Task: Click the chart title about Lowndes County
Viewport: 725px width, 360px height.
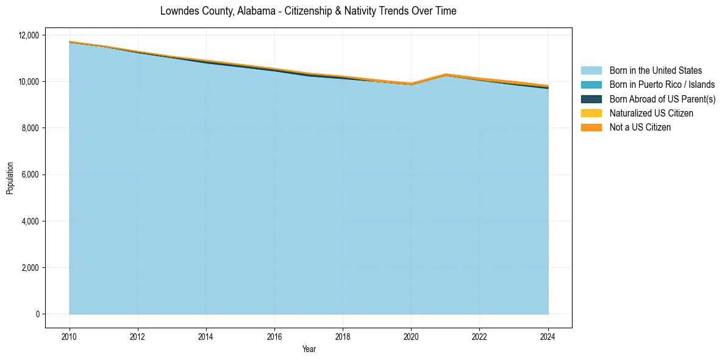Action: [x=308, y=11]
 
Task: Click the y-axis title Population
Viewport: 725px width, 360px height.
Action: [x=10, y=178]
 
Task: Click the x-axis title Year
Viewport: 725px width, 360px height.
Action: [x=309, y=349]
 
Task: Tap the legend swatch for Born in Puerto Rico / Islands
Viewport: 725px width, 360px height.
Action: [x=591, y=85]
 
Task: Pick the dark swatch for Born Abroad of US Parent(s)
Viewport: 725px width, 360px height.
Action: [x=591, y=99]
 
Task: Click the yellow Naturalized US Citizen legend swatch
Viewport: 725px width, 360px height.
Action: [x=591, y=113]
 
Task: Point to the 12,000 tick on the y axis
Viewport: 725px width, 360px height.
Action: [x=29, y=35]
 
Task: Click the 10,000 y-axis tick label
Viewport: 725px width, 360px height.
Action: [x=29, y=81]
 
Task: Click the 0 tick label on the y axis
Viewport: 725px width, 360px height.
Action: [x=37, y=314]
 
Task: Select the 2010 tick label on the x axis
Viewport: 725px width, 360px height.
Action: [x=70, y=336]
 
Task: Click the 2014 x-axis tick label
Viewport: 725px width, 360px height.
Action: [x=206, y=336]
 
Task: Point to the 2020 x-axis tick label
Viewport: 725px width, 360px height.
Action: [x=411, y=336]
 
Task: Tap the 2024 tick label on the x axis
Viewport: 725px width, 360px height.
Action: [x=548, y=336]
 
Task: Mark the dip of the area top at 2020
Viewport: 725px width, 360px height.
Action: [x=411, y=83]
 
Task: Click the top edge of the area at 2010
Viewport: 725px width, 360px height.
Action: [x=70, y=41]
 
